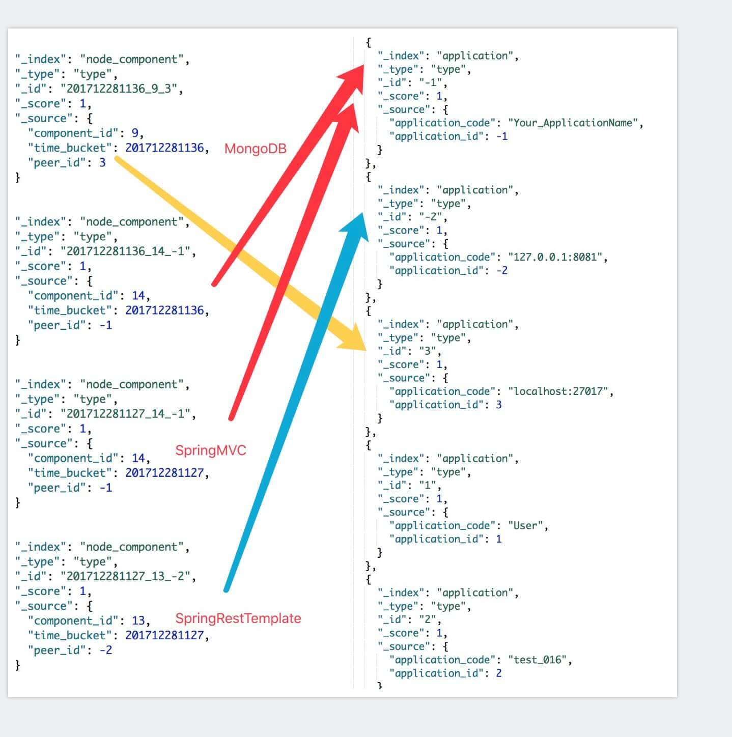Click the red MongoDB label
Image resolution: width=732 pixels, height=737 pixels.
(x=255, y=149)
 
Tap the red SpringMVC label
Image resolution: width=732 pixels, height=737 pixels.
(x=210, y=450)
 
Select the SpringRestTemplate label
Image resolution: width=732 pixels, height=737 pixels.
(x=238, y=618)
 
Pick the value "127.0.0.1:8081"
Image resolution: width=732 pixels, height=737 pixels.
(x=557, y=257)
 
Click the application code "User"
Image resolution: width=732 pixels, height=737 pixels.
(x=525, y=526)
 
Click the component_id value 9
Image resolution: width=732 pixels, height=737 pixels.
(x=135, y=133)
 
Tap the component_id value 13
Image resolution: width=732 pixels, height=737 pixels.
(x=138, y=621)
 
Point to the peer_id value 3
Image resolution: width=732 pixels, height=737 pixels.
(x=102, y=163)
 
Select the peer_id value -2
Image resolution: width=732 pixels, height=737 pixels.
(x=105, y=650)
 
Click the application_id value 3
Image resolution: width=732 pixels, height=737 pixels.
(x=498, y=405)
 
